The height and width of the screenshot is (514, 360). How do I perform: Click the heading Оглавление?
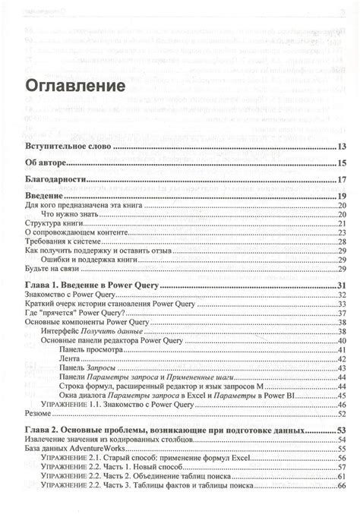[75, 84]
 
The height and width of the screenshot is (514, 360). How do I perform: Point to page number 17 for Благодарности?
[343, 180]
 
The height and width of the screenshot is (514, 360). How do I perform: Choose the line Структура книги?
[54, 224]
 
